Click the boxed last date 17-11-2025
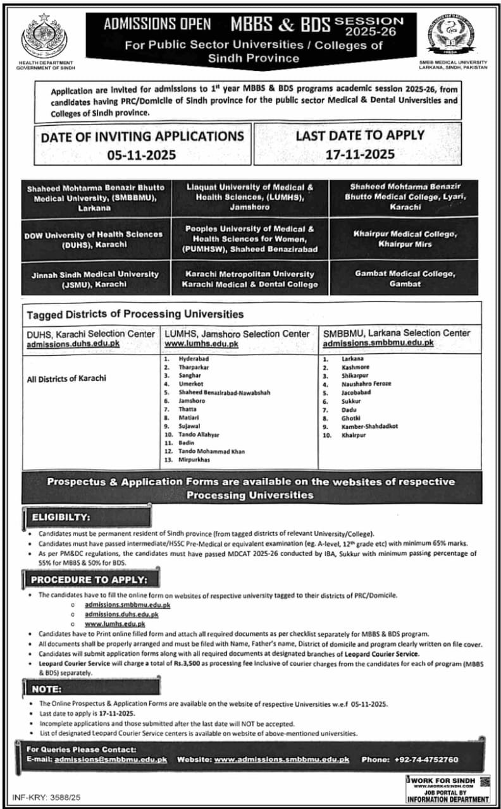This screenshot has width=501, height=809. coord(360,154)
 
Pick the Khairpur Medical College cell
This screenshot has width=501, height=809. coord(404,238)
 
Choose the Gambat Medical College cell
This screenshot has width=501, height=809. coord(404,278)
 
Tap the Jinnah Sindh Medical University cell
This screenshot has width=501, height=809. coord(96,279)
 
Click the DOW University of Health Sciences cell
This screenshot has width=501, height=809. coord(96,238)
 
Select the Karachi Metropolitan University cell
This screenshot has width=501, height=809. coord(249,279)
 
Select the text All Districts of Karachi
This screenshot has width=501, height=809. coord(66,379)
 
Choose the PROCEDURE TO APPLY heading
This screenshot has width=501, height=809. coord(89,579)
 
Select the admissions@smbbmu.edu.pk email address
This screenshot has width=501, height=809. coord(111,759)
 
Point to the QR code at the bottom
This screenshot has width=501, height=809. coord(485,782)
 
